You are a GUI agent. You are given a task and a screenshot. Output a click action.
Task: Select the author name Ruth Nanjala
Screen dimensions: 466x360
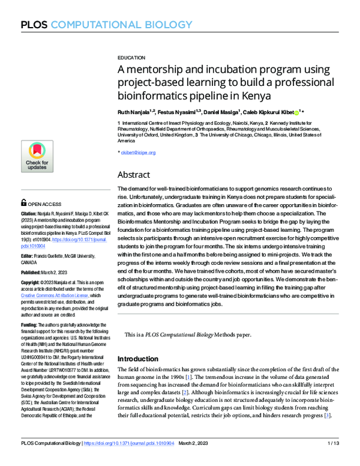point(136,112)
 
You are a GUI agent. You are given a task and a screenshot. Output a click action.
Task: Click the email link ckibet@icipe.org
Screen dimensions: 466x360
point(139,153)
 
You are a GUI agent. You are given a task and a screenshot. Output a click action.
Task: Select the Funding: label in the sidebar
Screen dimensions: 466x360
point(30,325)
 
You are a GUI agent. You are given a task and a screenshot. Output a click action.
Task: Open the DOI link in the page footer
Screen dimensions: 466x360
point(130,459)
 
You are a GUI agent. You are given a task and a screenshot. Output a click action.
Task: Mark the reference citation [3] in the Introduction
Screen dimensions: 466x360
point(327,416)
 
